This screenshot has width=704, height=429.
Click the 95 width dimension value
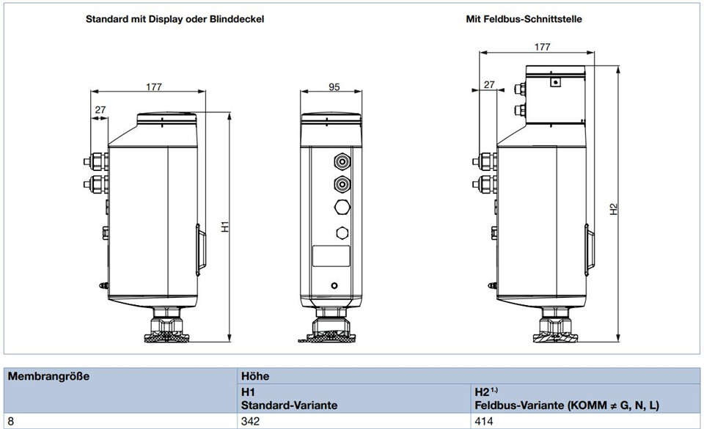click(x=334, y=87)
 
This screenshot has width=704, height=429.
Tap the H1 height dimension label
click(x=225, y=227)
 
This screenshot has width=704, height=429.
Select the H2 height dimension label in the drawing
click(x=614, y=209)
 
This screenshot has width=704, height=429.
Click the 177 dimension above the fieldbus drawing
click(x=543, y=47)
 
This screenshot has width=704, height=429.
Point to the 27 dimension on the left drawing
click(x=100, y=109)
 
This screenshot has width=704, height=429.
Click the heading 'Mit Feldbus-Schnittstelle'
click(x=524, y=19)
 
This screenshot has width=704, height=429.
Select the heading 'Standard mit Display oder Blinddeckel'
click(x=175, y=19)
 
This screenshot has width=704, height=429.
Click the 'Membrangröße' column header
click(x=48, y=376)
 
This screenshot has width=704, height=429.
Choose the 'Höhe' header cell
click(x=255, y=376)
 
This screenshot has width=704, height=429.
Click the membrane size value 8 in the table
click(x=11, y=422)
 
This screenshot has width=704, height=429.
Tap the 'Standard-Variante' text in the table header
click(x=289, y=406)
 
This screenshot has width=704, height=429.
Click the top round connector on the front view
click(x=342, y=161)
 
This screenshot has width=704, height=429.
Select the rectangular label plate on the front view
click(x=331, y=256)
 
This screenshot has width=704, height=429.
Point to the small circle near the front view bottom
click(x=334, y=285)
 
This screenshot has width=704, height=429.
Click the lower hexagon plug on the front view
click(x=342, y=232)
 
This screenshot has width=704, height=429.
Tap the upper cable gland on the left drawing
click(x=95, y=161)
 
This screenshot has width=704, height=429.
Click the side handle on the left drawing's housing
click(x=201, y=250)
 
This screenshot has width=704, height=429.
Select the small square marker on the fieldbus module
click(x=556, y=82)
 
